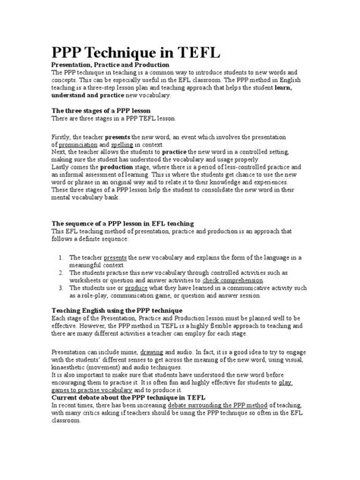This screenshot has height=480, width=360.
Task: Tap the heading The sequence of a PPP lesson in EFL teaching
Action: click(122, 223)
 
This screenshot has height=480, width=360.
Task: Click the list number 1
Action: click(61, 258)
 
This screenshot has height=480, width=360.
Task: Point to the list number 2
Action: click(61, 272)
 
